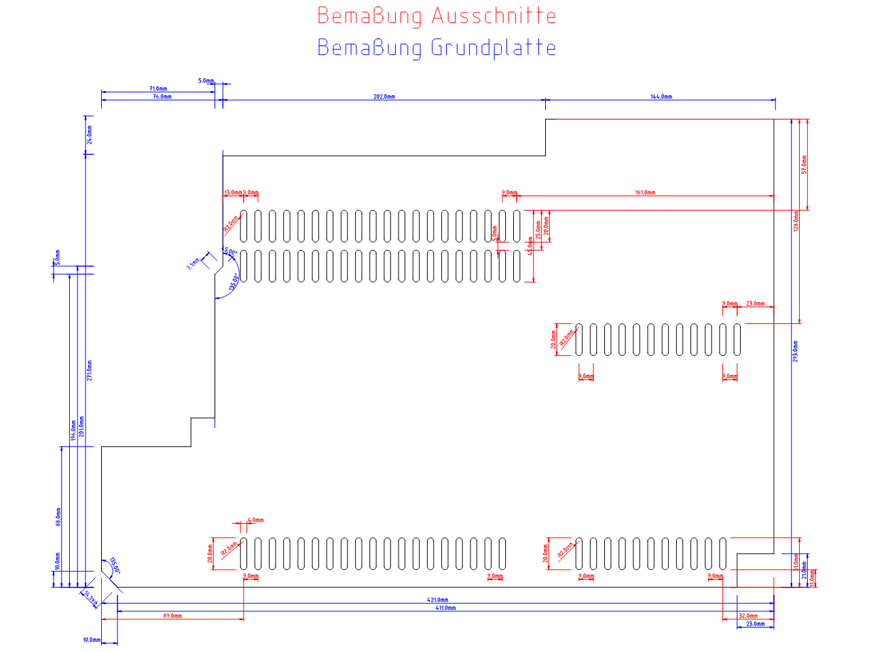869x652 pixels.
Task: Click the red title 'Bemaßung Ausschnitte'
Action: coord(437,16)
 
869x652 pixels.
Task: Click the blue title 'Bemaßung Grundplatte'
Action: coord(437,48)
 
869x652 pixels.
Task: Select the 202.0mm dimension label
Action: coord(384,96)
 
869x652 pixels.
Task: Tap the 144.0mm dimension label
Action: coord(661,96)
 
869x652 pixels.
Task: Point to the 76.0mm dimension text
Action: coord(162,96)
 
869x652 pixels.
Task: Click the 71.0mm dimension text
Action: coord(158,88)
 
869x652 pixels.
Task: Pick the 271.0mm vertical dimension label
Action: coord(90,370)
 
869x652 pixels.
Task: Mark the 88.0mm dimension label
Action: coord(58,517)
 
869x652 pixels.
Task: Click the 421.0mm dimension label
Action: coord(437,600)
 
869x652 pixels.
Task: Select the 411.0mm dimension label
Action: coord(445,608)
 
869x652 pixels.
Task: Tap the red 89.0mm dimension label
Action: coord(172,616)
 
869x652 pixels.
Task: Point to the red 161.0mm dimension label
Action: coord(645,193)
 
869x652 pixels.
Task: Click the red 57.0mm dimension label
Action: coord(805,164)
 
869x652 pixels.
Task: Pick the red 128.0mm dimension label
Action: coord(796,221)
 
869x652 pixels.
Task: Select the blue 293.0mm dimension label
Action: coord(796,350)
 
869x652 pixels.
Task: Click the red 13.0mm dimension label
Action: coord(232,193)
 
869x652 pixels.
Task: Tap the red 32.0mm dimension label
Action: coord(747,616)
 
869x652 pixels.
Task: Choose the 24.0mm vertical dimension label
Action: coord(90,134)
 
